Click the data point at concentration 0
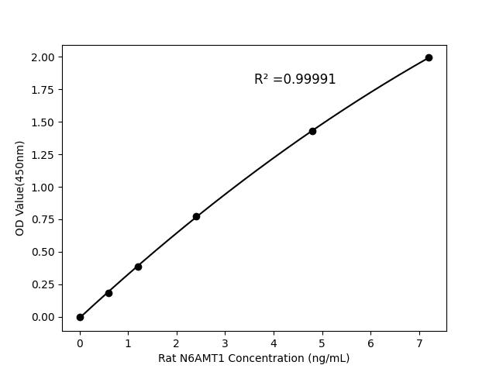[x=80, y=317]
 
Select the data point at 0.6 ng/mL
[x=108, y=293]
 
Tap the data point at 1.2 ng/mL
[x=138, y=267]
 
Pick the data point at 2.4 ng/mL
[x=196, y=216]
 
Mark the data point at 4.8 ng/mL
[x=312, y=131]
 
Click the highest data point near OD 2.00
[x=429, y=57]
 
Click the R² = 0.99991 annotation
[x=294, y=79]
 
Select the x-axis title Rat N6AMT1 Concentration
[x=253, y=358]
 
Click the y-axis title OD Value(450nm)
[x=20, y=188]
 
